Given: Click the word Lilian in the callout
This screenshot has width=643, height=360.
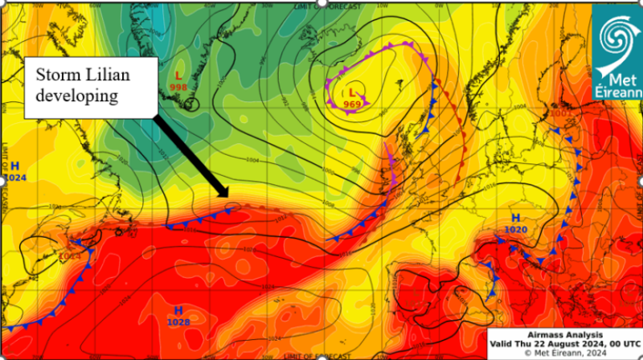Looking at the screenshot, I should click(113, 75).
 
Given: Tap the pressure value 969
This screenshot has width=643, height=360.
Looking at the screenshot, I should click(352, 104).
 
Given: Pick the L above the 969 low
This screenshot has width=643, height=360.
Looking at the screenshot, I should click(351, 93).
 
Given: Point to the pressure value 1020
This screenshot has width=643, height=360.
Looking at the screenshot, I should click(515, 230).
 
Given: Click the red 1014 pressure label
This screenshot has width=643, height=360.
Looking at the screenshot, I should click(70, 258).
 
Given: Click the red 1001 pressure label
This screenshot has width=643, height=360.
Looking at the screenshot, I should click(560, 113).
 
